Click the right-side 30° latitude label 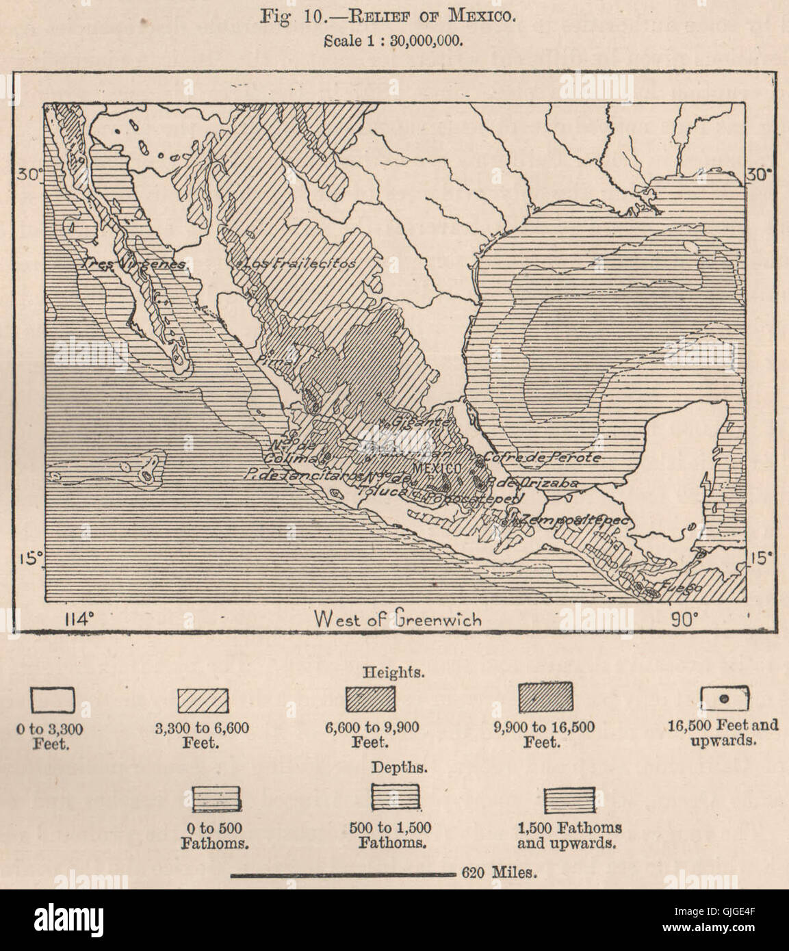click(x=760, y=174)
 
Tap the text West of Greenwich click(x=398, y=620)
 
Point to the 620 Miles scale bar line click(x=342, y=874)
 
